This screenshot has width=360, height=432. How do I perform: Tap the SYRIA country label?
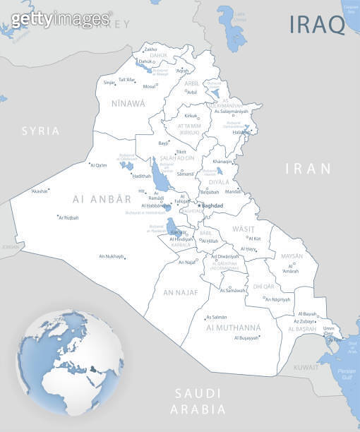[x=41, y=131]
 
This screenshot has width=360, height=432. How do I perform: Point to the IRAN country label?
[x=308, y=168]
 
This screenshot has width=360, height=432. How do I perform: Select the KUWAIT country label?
[x=306, y=368]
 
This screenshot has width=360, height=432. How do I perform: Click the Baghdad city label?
[x=212, y=205]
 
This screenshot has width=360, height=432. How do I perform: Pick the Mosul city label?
[x=149, y=86]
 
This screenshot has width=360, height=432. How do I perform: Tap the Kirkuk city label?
[x=191, y=115]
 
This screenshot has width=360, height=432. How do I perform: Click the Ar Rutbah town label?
[x=69, y=217]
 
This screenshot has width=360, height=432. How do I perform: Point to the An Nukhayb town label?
[x=111, y=256]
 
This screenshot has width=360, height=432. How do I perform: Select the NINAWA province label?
[x=128, y=103]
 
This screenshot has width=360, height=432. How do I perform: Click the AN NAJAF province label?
[x=181, y=292]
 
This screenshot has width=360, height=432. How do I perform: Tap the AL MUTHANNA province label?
[x=234, y=328]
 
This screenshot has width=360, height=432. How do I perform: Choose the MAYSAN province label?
[x=292, y=256]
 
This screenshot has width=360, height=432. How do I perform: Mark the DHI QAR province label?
[x=263, y=286]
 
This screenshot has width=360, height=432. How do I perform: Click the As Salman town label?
[x=217, y=317]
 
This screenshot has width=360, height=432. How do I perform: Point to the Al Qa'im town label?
[x=98, y=165]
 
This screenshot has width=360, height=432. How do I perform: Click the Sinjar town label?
[x=109, y=83]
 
